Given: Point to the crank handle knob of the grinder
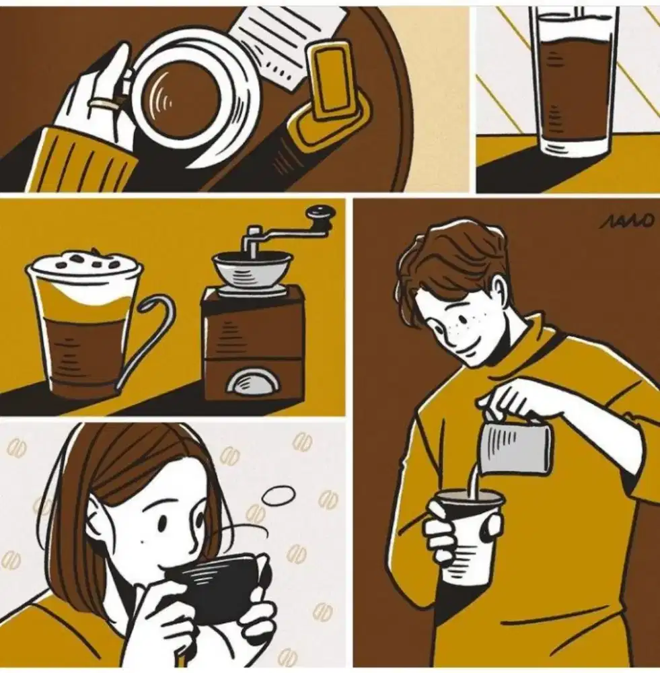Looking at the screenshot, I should click(322, 215).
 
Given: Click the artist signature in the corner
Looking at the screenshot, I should click(626, 221).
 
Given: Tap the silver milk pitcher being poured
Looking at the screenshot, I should click(517, 446).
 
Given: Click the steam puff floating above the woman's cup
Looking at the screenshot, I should click(279, 495).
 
